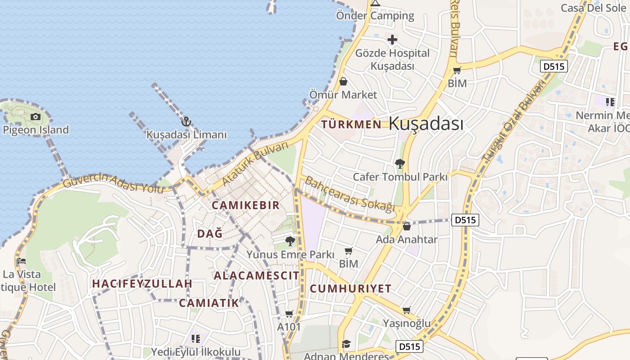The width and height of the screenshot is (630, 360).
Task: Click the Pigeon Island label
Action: point(36,130)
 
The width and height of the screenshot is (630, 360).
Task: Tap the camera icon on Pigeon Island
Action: point(35,117)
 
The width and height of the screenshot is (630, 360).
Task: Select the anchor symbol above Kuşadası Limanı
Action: point(186,121)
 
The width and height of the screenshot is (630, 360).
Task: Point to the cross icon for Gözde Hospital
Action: point(392,40)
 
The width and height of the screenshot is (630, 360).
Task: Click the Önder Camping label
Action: point(375,16)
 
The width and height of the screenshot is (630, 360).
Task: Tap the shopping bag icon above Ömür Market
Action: point(343,81)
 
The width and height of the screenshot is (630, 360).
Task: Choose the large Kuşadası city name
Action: point(426,123)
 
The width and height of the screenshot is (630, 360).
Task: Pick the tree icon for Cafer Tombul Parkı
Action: point(400,164)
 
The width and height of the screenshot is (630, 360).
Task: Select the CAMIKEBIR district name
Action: point(246,205)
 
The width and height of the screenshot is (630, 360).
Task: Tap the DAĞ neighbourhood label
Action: point(210,234)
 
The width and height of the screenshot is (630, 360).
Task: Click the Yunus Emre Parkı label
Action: point(290,255)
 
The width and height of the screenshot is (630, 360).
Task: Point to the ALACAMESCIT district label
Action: point(256,275)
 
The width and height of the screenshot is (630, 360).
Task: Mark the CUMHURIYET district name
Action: point(351,288)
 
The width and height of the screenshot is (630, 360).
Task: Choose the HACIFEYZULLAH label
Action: point(142,284)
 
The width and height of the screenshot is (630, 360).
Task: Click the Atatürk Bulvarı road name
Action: point(255,164)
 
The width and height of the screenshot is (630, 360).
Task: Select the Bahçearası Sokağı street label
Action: point(350,194)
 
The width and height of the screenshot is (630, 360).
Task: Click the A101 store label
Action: point(289,327)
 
